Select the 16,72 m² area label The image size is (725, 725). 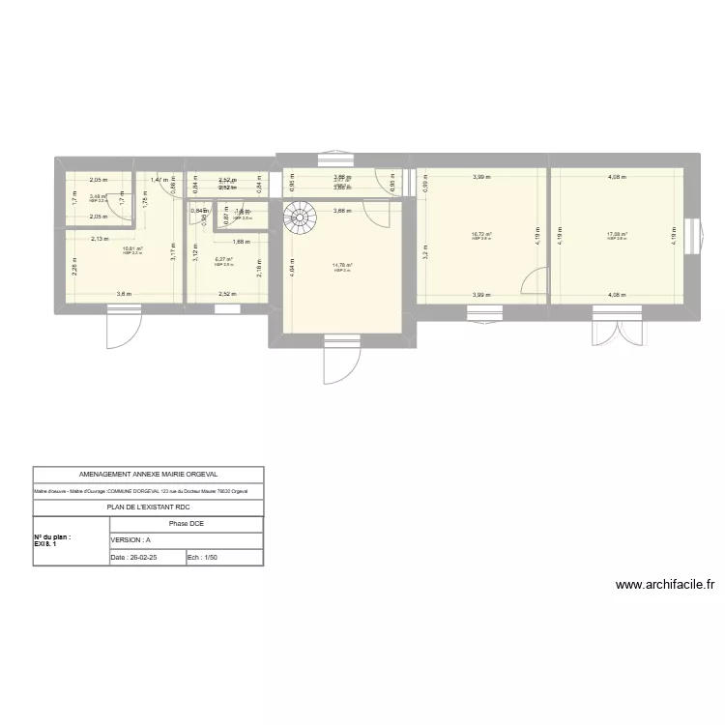(x=481, y=233)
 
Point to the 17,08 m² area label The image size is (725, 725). (x=618, y=233)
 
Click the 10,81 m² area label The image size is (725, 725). (x=132, y=248)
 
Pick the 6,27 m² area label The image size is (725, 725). (x=223, y=259)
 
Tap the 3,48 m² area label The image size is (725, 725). (x=98, y=196)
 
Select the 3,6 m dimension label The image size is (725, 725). (x=124, y=294)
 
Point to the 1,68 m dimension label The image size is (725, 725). (x=242, y=242)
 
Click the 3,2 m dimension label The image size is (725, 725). (x=422, y=253)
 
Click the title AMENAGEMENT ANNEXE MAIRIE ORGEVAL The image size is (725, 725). (x=148, y=475)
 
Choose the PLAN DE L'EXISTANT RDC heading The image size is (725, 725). (x=148, y=507)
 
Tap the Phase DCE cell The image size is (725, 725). (x=186, y=524)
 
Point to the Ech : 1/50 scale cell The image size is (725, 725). (x=223, y=558)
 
